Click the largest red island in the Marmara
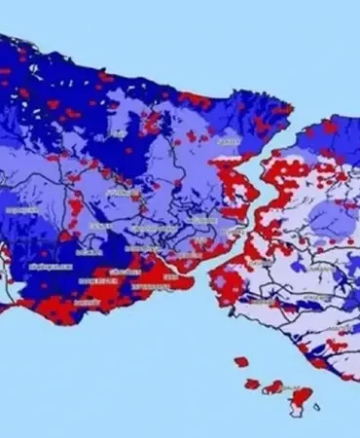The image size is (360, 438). pos(302,398)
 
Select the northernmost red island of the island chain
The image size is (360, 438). pos(241,362)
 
